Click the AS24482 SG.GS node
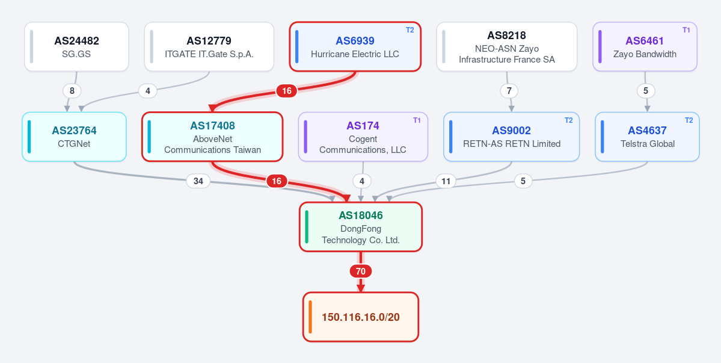pyautogui.click(x=76, y=46)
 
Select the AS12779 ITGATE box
pyautogui.click(x=209, y=46)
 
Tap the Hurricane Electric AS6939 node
pyautogui.click(x=355, y=46)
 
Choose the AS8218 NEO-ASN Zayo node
pyautogui.click(x=507, y=46)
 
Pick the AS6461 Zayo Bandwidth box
pyautogui.click(x=645, y=46)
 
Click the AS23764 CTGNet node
pyautogui.click(x=74, y=137)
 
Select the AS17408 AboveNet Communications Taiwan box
pyautogui.click(x=212, y=137)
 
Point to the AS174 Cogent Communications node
pyautogui.click(x=363, y=137)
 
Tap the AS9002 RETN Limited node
pyautogui.click(x=511, y=137)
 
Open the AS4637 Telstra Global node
pyautogui.click(x=647, y=137)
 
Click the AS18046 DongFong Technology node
pyautogui.click(x=361, y=227)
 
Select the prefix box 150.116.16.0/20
pyautogui.click(x=361, y=317)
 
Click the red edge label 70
pyautogui.click(x=361, y=271)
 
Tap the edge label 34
pyautogui.click(x=198, y=181)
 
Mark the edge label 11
pyautogui.click(x=446, y=181)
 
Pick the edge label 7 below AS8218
pyautogui.click(x=509, y=91)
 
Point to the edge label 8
pyautogui.click(x=72, y=91)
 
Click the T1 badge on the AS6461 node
pyautogui.click(x=686, y=30)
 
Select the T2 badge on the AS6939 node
pyautogui.click(x=410, y=30)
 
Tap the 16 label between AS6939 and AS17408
pyautogui.click(x=286, y=91)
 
